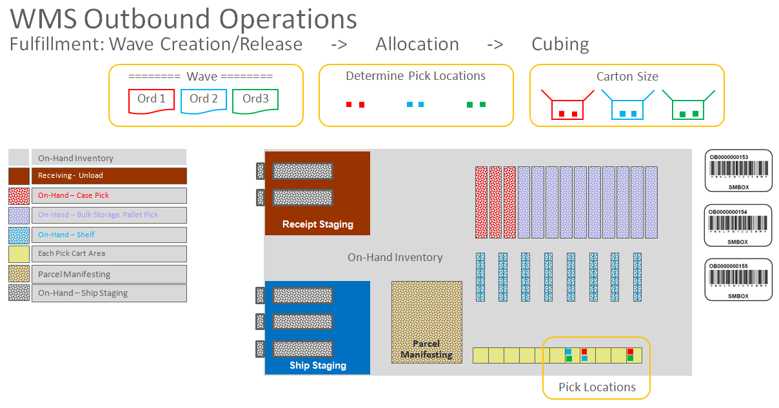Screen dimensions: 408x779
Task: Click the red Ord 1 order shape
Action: (x=152, y=101)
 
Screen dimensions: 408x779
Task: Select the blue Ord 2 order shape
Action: (x=204, y=101)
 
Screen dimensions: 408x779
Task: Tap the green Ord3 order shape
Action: (x=255, y=101)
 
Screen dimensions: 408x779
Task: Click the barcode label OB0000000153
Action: (x=738, y=171)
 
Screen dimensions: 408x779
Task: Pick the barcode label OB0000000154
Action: (x=738, y=226)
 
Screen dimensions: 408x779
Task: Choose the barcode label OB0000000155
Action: (x=738, y=280)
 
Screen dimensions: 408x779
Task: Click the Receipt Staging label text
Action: (x=318, y=224)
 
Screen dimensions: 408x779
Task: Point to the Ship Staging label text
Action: (x=318, y=365)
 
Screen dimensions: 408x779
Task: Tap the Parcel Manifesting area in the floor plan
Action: (x=427, y=322)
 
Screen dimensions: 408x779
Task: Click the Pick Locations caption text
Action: (x=597, y=387)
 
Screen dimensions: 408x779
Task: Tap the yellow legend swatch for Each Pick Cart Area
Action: (x=19, y=254)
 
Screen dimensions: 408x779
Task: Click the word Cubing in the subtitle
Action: (x=560, y=44)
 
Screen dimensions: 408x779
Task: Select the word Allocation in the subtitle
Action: (x=417, y=44)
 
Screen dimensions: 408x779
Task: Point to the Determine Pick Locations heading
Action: (x=416, y=76)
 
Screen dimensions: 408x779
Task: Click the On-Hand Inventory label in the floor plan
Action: (x=395, y=258)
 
